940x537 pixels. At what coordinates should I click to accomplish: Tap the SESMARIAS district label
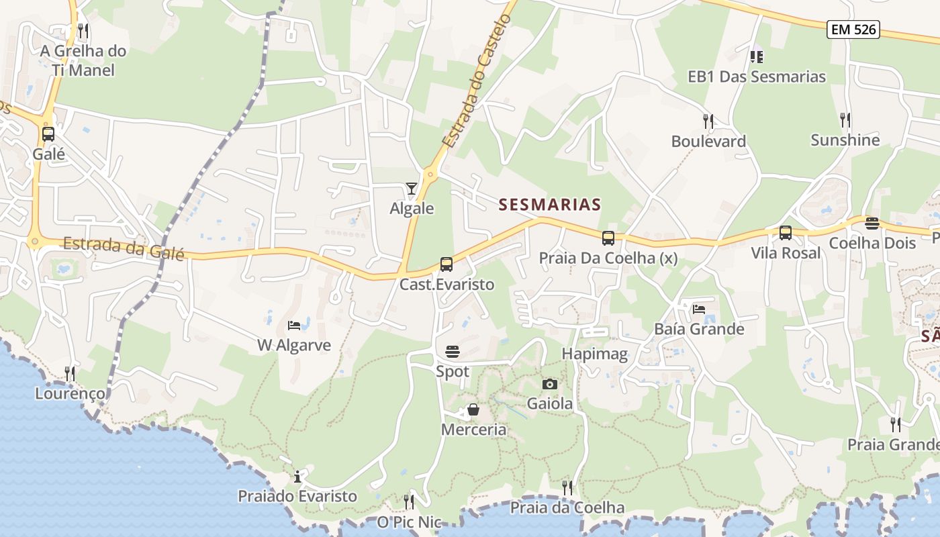click(x=549, y=205)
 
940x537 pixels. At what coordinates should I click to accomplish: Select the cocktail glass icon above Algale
click(x=412, y=189)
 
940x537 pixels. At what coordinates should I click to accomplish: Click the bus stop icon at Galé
click(x=48, y=134)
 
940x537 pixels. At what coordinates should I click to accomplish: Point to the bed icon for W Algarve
click(x=294, y=326)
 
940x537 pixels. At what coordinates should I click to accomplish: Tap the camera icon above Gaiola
click(x=549, y=384)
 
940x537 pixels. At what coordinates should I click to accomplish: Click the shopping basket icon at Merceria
click(x=473, y=409)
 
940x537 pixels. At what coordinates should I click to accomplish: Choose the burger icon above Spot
click(x=453, y=351)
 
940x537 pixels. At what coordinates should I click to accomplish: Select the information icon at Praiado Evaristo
click(x=297, y=477)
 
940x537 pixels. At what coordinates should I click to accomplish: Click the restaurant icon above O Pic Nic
click(x=408, y=501)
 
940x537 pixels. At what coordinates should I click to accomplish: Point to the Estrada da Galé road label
click(x=124, y=246)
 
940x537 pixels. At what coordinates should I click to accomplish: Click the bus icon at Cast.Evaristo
click(x=446, y=264)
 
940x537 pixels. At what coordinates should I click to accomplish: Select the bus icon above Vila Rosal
click(x=785, y=233)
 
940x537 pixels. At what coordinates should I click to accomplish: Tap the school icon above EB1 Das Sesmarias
click(x=757, y=56)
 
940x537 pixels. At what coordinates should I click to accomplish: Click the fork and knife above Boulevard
click(x=708, y=121)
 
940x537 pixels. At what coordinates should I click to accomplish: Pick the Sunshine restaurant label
click(x=845, y=140)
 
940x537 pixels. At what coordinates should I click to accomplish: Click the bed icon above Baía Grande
click(x=699, y=309)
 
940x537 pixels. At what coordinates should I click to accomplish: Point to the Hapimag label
click(x=595, y=354)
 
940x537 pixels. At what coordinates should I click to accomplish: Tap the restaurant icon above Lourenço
click(x=70, y=373)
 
